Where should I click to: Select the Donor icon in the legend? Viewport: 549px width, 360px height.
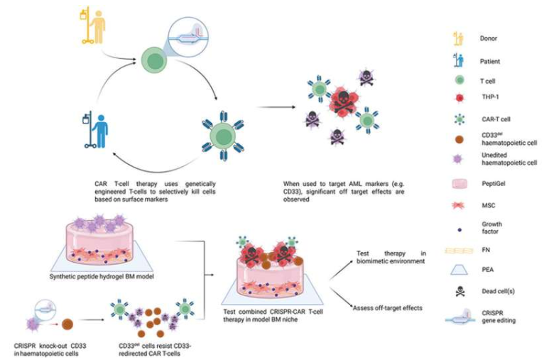[x=458, y=37]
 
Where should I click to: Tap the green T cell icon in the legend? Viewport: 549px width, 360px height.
[x=459, y=80]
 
